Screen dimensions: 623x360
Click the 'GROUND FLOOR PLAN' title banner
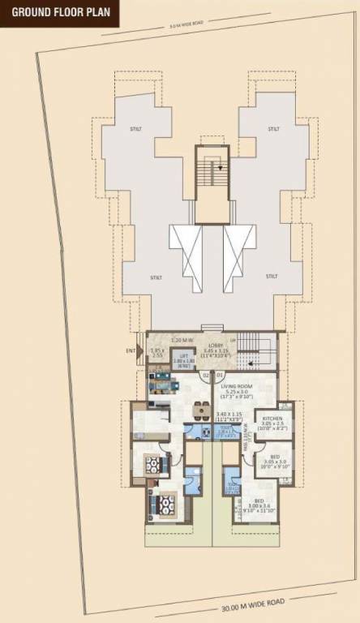(61, 13)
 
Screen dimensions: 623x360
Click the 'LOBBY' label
(216, 346)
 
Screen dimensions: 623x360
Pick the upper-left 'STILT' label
(135, 129)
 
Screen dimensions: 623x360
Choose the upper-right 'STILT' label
(273, 129)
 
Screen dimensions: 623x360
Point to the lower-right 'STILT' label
(273, 277)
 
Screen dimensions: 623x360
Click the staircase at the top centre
(212, 178)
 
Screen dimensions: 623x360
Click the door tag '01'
(219, 375)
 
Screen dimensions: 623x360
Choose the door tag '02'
(206, 375)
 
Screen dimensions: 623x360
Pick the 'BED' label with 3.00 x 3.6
(259, 501)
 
